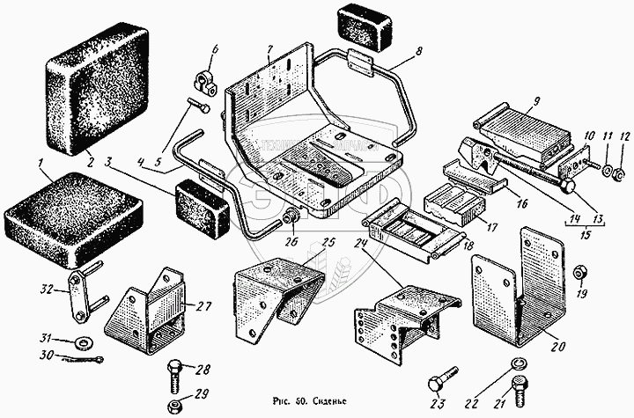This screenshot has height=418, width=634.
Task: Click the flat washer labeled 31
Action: [x=82, y=341]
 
